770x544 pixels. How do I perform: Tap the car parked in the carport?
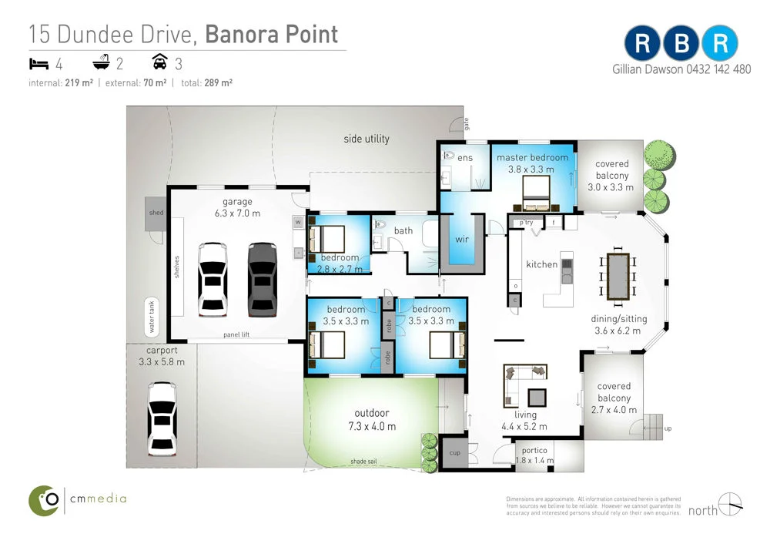(162, 418)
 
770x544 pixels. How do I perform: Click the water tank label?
(152, 317)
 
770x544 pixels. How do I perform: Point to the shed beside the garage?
(156, 213)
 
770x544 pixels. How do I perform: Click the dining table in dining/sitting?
(618, 276)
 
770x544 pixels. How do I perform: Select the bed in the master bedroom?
(537, 193)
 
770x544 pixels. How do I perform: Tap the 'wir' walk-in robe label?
(462, 239)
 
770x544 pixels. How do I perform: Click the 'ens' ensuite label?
(465, 157)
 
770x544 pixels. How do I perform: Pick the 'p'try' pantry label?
(527, 223)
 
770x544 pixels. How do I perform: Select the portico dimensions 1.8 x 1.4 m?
(534, 461)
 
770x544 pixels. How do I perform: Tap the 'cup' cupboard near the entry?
(454, 453)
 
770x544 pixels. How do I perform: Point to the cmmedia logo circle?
(45, 501)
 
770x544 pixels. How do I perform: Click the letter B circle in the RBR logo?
(681, 44)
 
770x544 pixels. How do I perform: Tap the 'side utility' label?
(367, 139)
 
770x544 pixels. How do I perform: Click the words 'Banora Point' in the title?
(272, 35)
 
